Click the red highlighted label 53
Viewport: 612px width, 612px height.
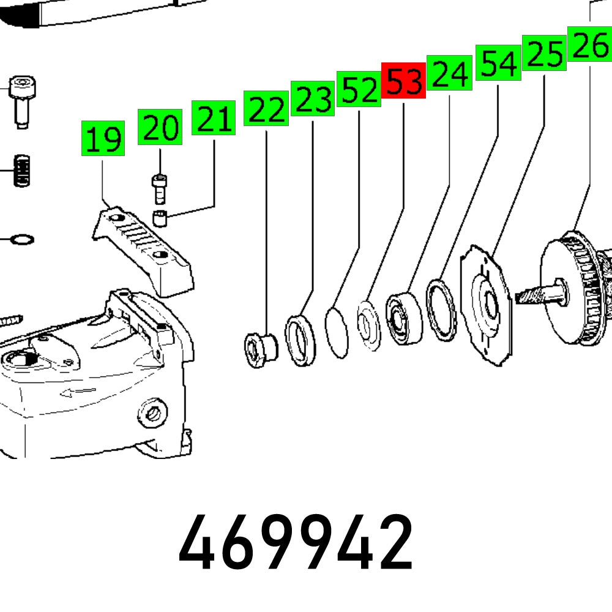[x=403, y=80]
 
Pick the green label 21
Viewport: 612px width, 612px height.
[x=214, y=118]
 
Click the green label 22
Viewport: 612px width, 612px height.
[x=266, y=108]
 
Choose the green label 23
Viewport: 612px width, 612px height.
[x=313, y=98]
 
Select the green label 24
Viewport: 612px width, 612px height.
[x=449, y=73]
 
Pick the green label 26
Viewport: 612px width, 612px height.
[x=590, y=43]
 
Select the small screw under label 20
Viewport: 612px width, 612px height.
[x=160, y=188]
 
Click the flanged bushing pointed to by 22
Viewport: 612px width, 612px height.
[x=259, y=349]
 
